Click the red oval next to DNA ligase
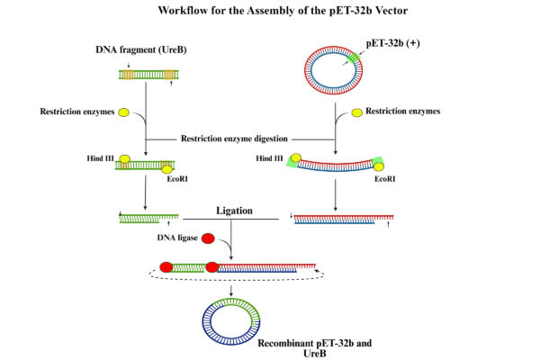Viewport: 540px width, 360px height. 208,239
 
